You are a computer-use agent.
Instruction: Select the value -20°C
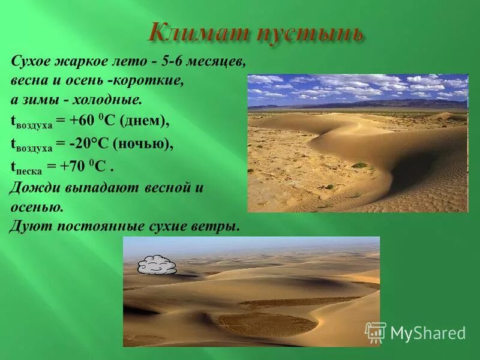86,144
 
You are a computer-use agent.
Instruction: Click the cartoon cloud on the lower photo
157,265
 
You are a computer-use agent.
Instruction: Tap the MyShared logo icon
376,332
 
